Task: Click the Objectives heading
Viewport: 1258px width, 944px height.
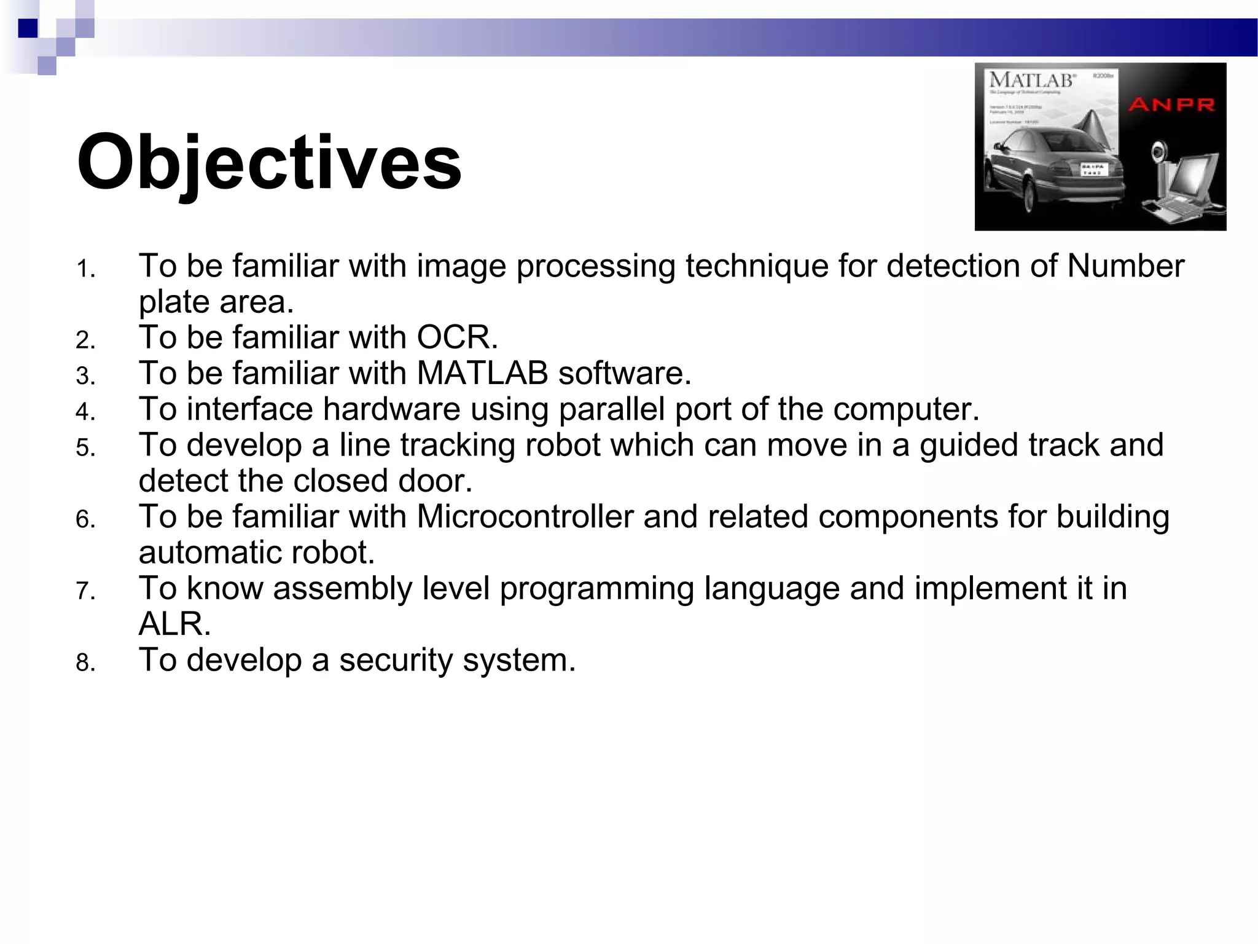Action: click(x=268, y=163)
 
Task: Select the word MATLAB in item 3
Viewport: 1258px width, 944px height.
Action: click(x=482, y=373)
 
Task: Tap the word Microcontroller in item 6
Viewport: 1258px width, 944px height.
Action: click(x=525, y=516)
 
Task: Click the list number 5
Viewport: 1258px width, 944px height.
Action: click(x=85, y=448)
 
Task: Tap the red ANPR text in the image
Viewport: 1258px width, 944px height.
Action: click(x=1171, y=104)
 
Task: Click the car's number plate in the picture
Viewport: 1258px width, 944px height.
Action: click(x=1093, y=170)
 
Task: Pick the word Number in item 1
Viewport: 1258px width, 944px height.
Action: click(x=1125, y=266)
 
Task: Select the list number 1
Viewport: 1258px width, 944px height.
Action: click(x=85, y=269)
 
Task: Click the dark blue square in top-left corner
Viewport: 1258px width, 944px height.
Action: click(x=28, y=28)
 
